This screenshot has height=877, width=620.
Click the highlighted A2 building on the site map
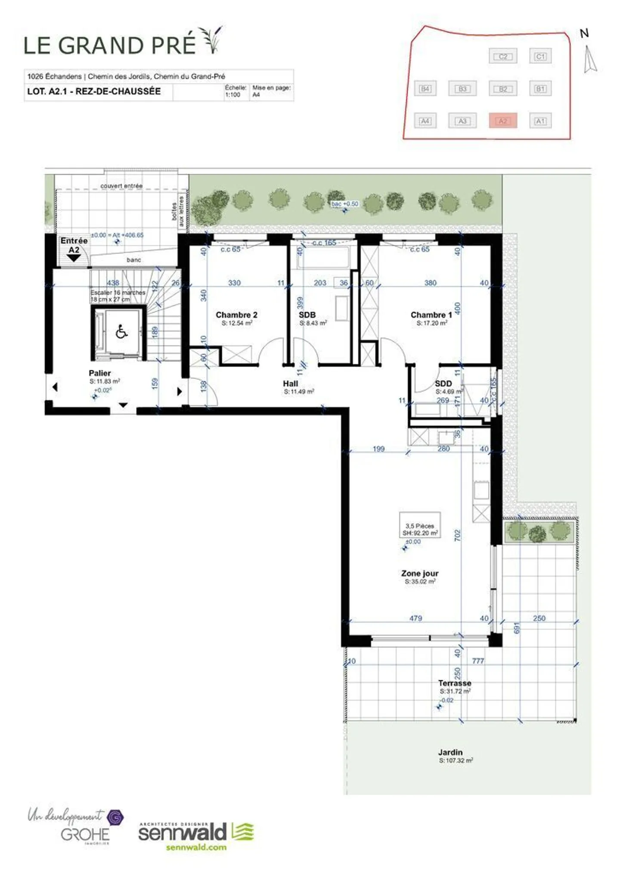point(502,121)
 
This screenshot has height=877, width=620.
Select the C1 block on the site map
point(540,56)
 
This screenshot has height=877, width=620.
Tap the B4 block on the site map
point(425,89)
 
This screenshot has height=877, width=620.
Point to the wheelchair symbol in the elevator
point(122,332)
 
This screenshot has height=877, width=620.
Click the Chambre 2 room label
point(236,315)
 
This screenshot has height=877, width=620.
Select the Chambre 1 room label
point(431,315)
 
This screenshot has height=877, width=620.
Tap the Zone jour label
point(420,573)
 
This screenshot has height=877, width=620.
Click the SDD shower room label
point(443,384)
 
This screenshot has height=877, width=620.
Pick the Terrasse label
point(455,683)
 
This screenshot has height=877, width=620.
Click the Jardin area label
point(450,753)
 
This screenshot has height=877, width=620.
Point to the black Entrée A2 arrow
point(74,258)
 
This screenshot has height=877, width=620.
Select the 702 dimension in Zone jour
point(457,535)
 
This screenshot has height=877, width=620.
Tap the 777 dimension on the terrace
point(478,661)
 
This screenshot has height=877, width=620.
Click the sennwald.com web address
point(196,847)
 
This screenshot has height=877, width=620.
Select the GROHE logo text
point(85,835)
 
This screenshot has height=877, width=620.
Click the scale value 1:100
point(232,95)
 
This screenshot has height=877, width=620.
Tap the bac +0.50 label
point(345,204)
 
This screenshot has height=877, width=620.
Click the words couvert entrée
point(121,186)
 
